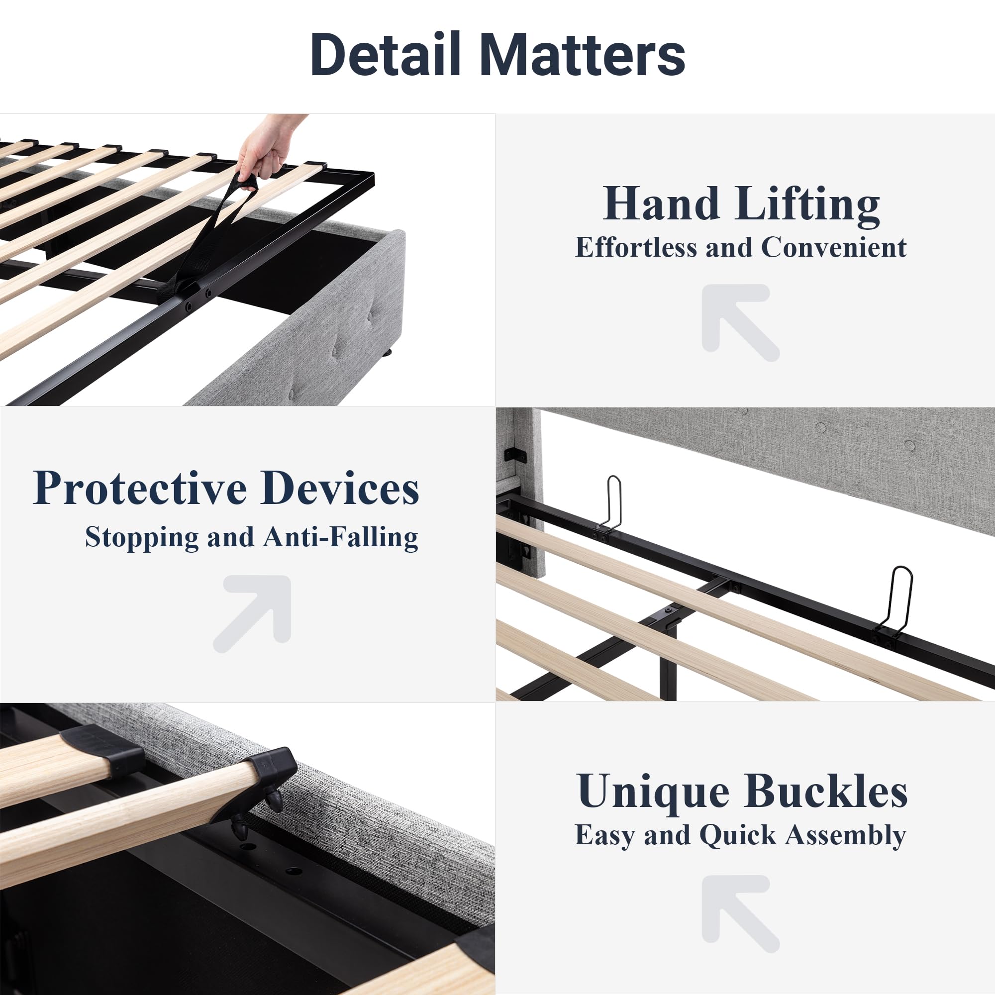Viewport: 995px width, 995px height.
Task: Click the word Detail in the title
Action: tap(386, 55)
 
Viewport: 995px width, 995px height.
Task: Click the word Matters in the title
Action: tap(583, 55)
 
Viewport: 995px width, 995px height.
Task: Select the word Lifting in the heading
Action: tap(808, 204)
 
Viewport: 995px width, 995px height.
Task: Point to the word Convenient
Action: tap(834, 248)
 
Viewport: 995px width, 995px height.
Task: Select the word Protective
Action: tap(140, 488)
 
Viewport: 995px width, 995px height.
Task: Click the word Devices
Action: tap(340, 488)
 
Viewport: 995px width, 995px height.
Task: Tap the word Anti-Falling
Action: tap(340, 538)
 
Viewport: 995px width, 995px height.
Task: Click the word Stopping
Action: tap(142, 538)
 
